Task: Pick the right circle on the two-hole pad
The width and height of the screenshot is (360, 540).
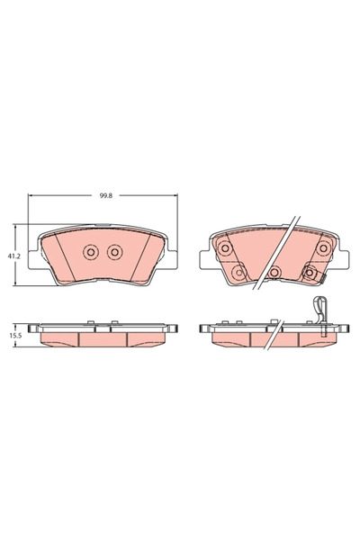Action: point(114,253)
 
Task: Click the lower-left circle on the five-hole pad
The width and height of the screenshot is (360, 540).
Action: point(238,271)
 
